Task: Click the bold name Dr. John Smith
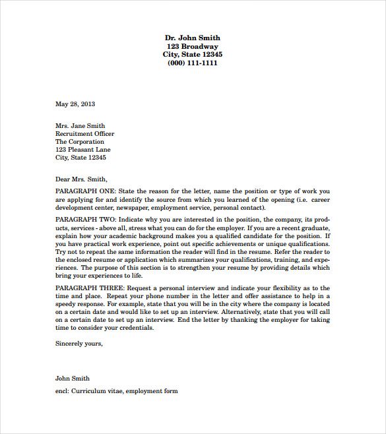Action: tap(193, 38)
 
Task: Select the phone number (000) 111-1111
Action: tap(193, 63)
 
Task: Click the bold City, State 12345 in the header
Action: tap(193, 54)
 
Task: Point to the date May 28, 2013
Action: tap(75, 104)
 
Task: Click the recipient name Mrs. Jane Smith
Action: tap(80, 125)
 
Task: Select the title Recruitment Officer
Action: tap(84, 133)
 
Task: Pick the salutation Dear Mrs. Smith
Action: tap(81, 178)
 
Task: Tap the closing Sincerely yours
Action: tap(79, 343)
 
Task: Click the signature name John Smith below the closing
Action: tap(73, 379)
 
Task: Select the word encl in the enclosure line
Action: tap(63, 391)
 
